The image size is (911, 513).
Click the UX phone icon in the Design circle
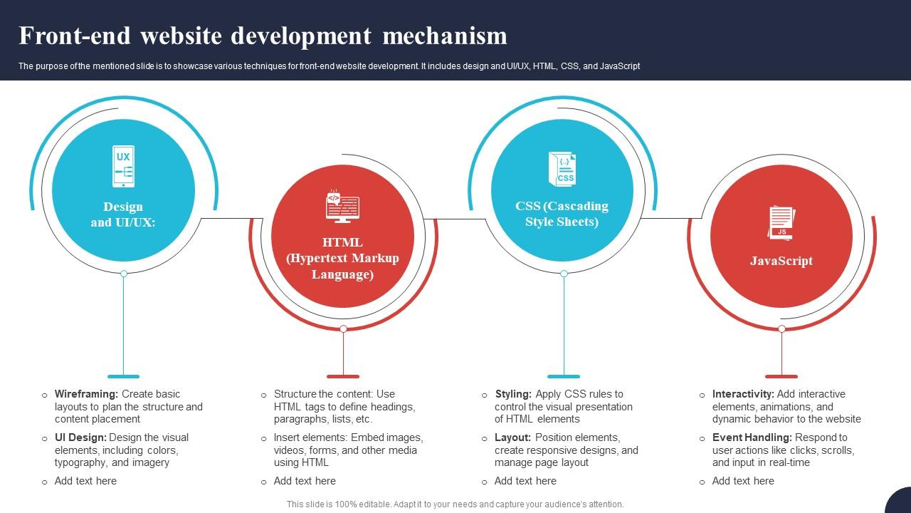[x=124, y=166]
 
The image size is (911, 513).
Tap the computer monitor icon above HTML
[x=342, y=207]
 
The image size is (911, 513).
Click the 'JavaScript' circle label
[x=781, y=261]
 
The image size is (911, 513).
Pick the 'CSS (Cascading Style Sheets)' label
[x=562, y=214]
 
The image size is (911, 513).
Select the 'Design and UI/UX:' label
[x=123, y=214]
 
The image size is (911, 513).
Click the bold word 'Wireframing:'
[x=86, y=394]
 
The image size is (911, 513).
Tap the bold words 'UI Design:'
[x=80, y=437]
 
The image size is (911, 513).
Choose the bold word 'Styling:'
[x=513, y=394]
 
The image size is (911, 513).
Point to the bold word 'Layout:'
[x=512, y=437]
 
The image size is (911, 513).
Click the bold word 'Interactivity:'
[x=743, y=394]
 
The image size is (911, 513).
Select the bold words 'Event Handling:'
[x=752, y=437]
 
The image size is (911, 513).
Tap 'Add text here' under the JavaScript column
[x=743, y=481]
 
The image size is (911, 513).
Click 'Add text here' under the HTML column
[x=305, y=481]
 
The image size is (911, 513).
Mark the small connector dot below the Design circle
[x=124, y=274]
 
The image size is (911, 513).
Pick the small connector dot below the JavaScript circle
[x=781, y=328]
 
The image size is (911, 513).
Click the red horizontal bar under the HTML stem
[x=343, y=376]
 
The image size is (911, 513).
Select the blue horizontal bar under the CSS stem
[x=564, y=376]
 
